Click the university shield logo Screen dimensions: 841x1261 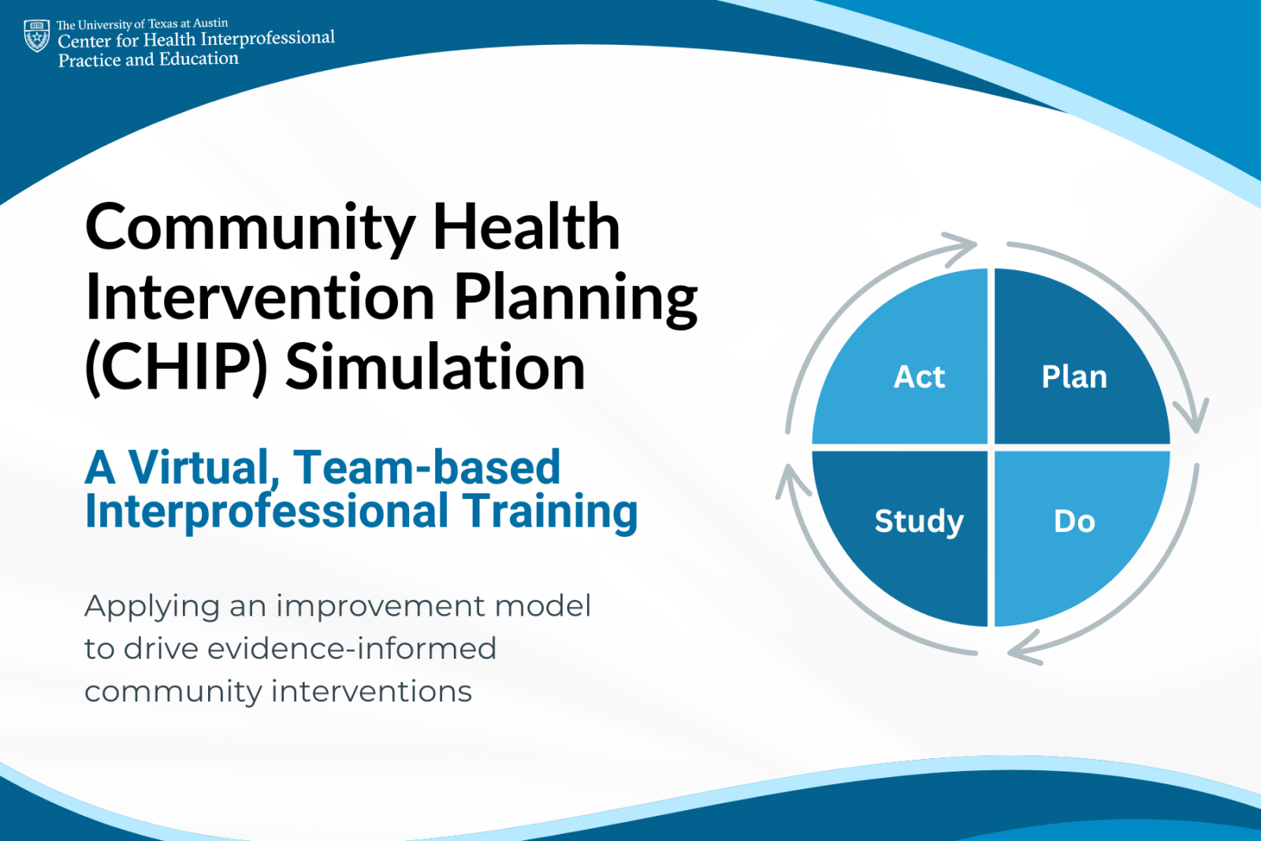click(x=37, y=36)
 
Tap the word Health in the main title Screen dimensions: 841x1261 click(x=526, y=228)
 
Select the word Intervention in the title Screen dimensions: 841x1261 click(x=260, y=298)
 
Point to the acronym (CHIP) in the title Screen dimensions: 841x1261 click(x=177, y=368)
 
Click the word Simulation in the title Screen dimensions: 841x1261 click(x=435, y=368)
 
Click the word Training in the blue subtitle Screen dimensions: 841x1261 click(x=549, y=512)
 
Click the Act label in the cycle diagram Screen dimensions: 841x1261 click(x=919, y=377)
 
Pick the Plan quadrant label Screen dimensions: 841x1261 click(x=1074, y=377)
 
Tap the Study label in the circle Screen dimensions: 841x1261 click(x=919, y=521)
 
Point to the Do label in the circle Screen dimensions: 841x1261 click(x=1074, y=521)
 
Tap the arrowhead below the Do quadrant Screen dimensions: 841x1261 click(x=1024, y=649)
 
